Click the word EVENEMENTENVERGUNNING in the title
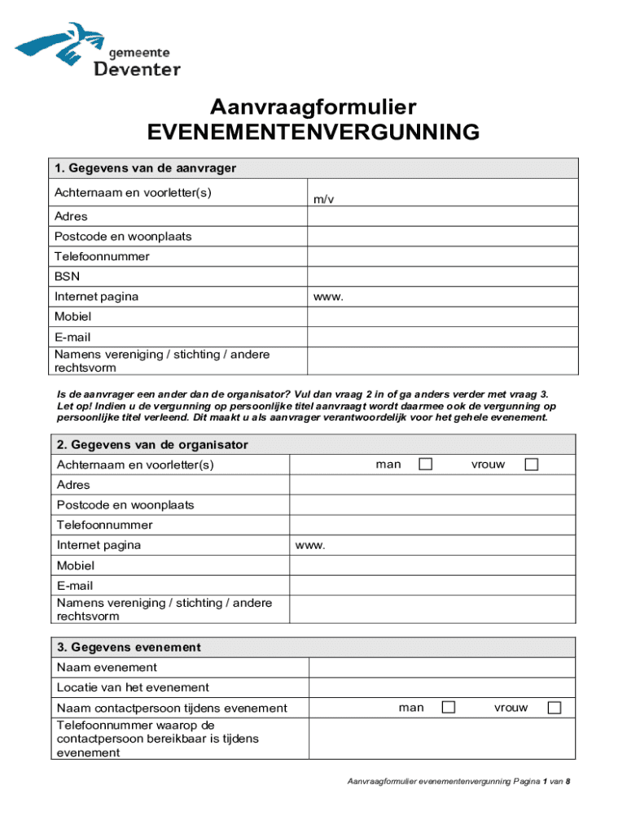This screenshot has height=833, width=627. pyautogui.click(x=313, y=133)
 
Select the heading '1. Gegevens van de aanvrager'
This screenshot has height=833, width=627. pyautogui.click(x=145, y=168)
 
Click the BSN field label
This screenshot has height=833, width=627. pyautogui.click(x=67, y=277)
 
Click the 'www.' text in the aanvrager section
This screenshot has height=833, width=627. pyautogui.click(x=328, y=297)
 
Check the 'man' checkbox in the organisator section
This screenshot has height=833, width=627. pyautogui.click(x=425, y=464)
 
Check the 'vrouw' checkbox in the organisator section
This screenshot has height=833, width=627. pyautogui.click(x=531, y=464)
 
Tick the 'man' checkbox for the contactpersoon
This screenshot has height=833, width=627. pyautogui.click(x=448, y=708)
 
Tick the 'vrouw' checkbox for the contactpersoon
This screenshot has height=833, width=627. pyautogui.click(x=554, y=708)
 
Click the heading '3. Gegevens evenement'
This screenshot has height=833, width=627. pyautogui.click(x=129, y=648)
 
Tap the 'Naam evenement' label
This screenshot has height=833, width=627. pyautogui.click(x=107, y=668)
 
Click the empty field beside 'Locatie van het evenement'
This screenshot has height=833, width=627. pyautogui.click(x=442, y=687)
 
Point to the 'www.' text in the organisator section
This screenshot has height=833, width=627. pyautogui.click(x=310, y=545)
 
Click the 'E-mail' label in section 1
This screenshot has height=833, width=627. pyautogui.click(x=72, y=337)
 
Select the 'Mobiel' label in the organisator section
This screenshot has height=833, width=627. pyautogui.click(x=76, y=565)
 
